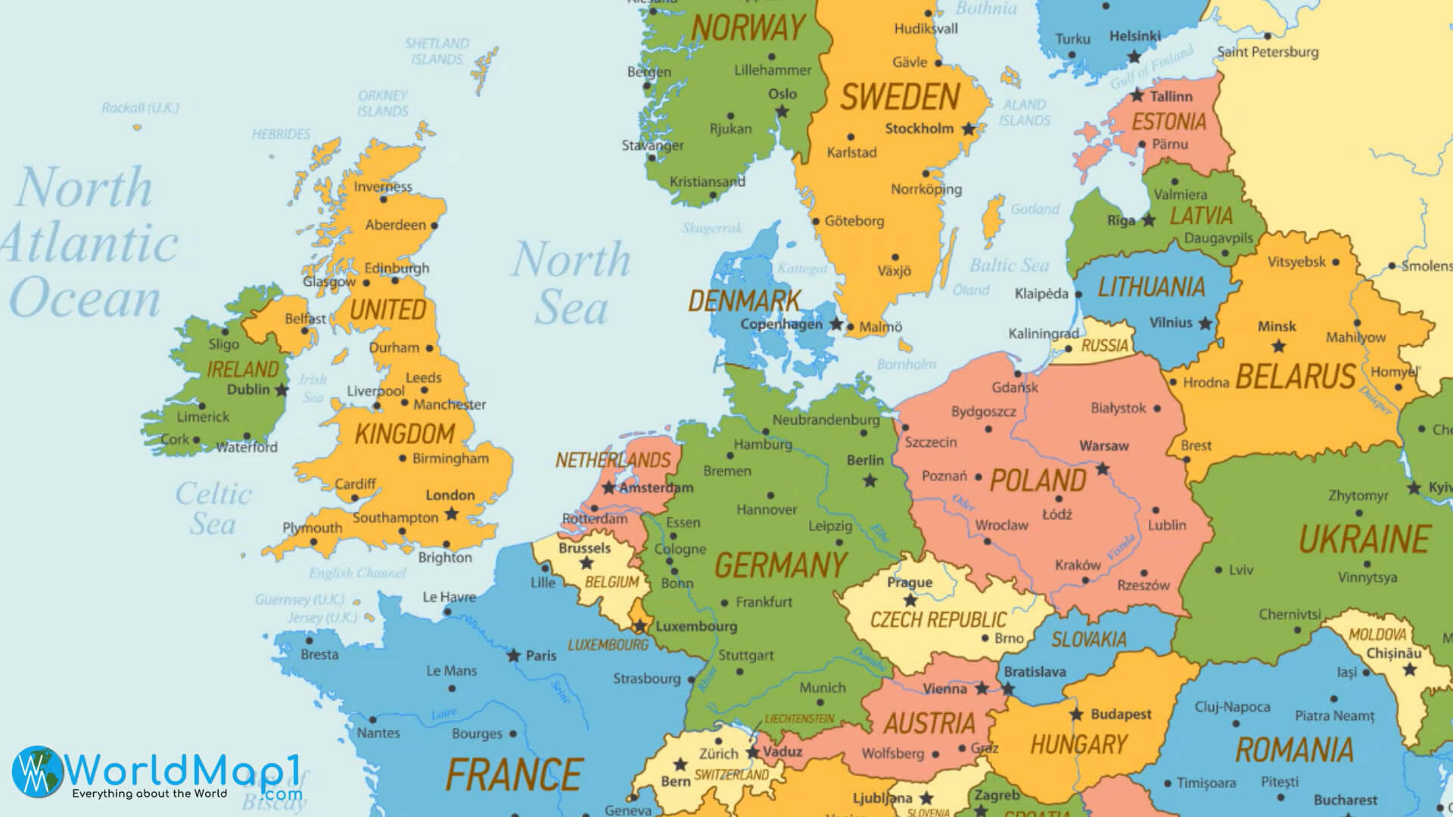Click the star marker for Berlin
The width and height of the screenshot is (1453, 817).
[870, 480]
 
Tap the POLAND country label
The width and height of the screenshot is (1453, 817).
[1038, 480]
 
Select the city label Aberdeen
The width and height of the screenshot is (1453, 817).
[395, 225]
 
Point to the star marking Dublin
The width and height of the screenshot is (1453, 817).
[282, 390]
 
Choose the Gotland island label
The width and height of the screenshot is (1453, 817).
[1035, 209]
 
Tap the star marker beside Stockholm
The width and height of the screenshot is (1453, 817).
[969, 129]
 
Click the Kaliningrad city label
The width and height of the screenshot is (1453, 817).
[1043, 334]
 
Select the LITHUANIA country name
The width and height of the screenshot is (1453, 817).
[1151, 287]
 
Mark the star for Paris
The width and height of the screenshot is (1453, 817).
[514, 655]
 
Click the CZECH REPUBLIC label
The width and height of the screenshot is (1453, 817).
[938, 620]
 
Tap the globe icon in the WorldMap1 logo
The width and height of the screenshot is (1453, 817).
[39, 771]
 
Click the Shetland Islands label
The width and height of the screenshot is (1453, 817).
[437, 51]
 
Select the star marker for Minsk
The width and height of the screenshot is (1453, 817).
[1278, 346]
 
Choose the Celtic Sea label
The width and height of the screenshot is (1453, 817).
[213, 508]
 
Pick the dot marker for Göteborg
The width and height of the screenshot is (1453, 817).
[815, 222]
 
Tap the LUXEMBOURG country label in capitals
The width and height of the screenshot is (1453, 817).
[608, 645]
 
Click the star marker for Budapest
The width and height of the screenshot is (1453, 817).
[1076, 714]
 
